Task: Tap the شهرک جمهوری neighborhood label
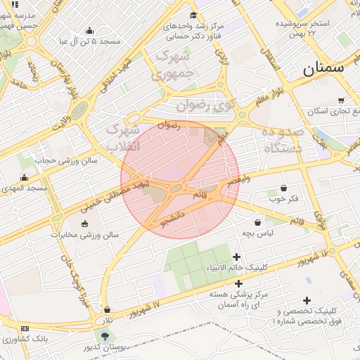coord(172,64)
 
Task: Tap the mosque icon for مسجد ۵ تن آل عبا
coord(89,30)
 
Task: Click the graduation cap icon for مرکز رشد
coord(193,15)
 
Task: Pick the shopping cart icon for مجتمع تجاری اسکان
coord(342,100)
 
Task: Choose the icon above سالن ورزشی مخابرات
coord(85,224)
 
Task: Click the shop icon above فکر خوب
coord(283,188)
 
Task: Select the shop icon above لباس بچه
coord(258,222)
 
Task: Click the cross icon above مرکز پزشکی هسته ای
coord(238,283)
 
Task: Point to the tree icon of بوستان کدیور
coord(105,335)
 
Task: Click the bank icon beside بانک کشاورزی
coord(25,329)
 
